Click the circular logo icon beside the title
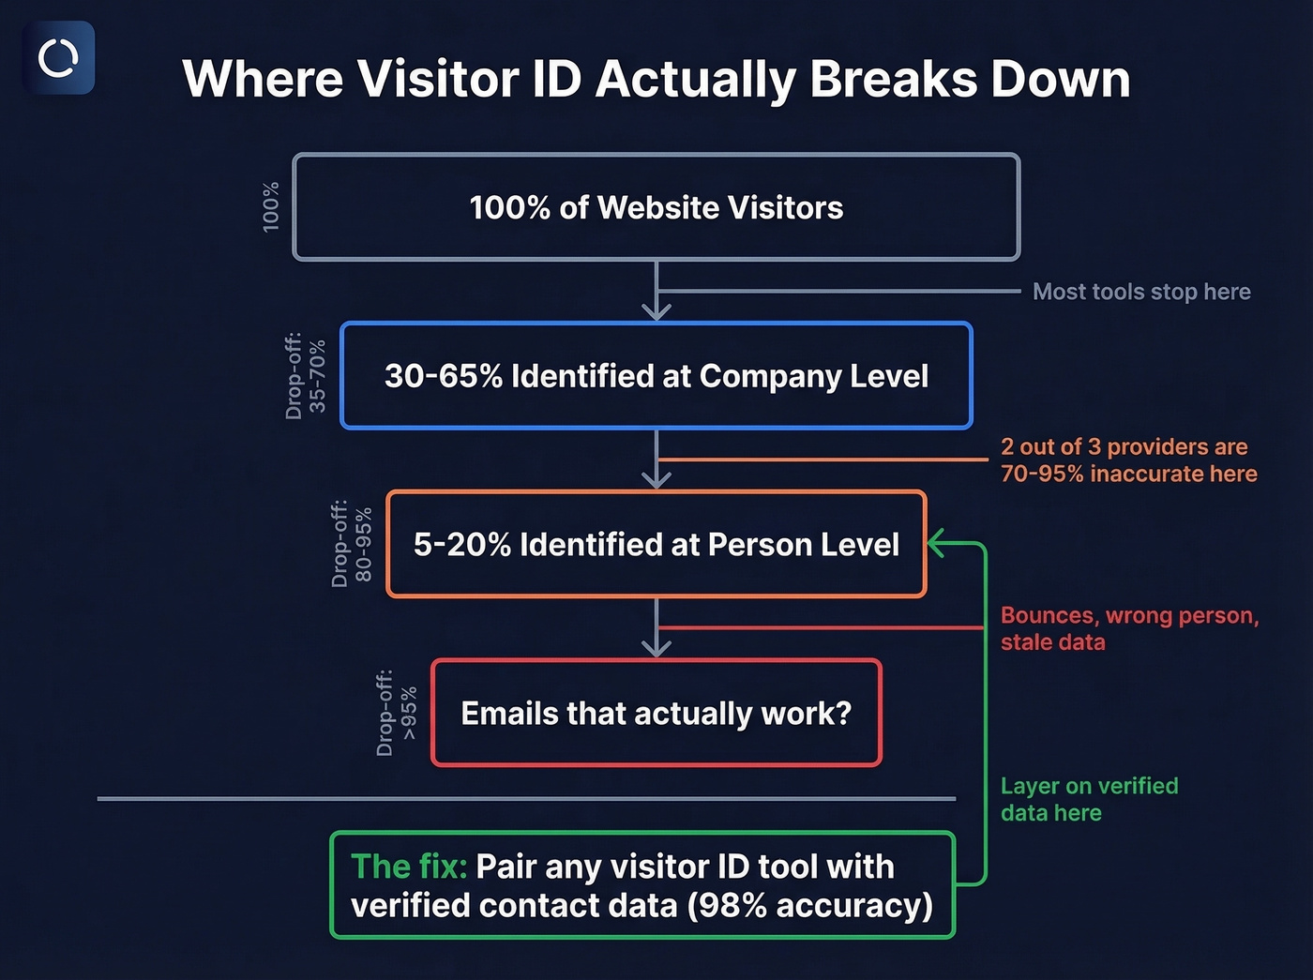pos(58,58)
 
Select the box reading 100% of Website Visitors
pos(656,207)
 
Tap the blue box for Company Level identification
pos(656,376)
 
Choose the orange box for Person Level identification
pos(656,544)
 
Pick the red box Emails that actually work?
pos(656,714)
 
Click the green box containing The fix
pos(642,885)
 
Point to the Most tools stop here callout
pos(1141,292)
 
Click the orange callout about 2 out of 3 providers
pos(1128,460)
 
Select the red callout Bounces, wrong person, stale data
pos(1128,628)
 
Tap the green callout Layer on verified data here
pos(1089,799)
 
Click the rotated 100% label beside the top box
pos(271,207)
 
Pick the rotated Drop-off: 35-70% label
pos(306,376)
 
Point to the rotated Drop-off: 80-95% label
pos(352,544)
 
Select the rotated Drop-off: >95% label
pos(397,714)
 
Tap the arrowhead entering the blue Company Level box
pos(656,311)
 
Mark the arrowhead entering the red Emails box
pos(656,648)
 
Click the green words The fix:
pos(409,867)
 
